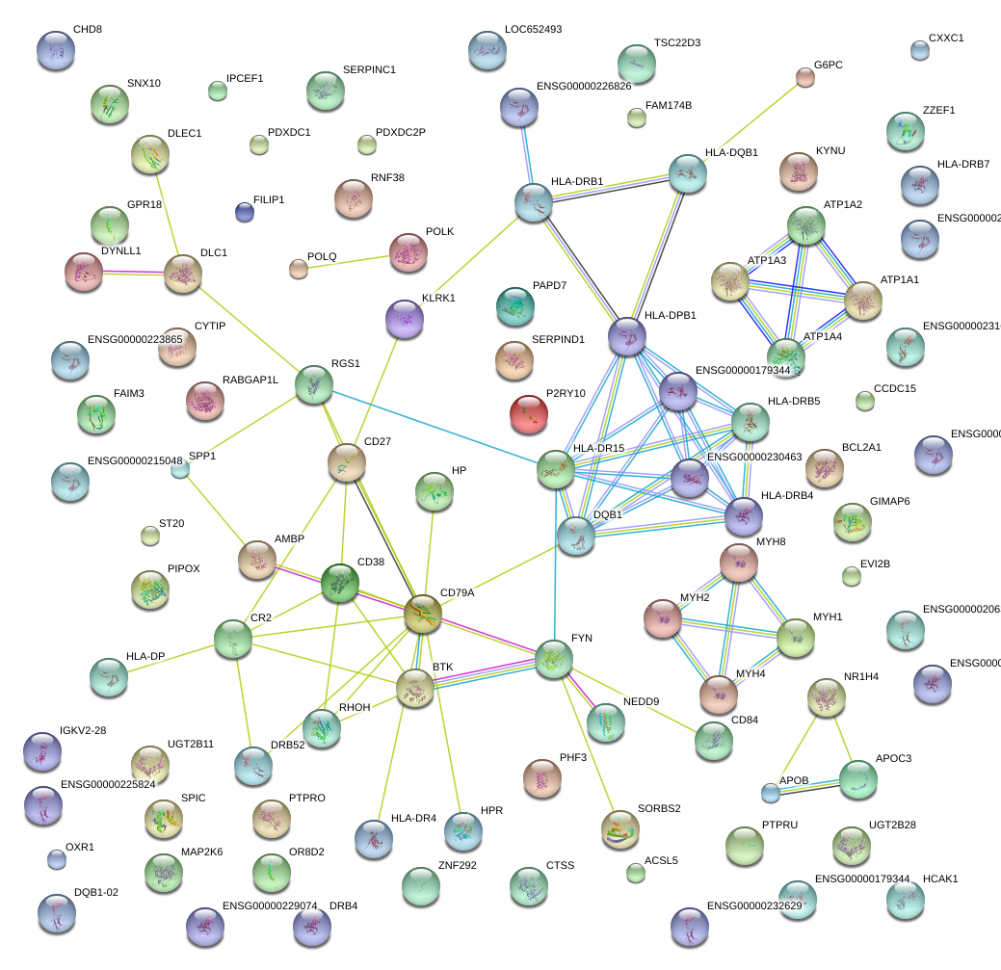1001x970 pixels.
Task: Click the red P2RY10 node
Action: click(528, 413)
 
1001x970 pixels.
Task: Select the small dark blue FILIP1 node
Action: click(245, 212)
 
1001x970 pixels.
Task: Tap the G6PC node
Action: click(805, 78)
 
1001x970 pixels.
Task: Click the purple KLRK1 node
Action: click(405, 319)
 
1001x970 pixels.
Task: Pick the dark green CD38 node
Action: click(340, 584)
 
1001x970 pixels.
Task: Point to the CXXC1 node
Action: click(920, 51)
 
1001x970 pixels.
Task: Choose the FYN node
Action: click(554, 659)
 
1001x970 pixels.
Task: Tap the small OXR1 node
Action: click(57, 859)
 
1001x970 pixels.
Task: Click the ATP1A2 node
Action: click(805, 225)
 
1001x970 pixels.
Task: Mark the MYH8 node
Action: click(739, 563)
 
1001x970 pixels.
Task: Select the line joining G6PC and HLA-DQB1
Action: click(748, 124)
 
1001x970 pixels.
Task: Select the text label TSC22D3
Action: click(676, 43)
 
